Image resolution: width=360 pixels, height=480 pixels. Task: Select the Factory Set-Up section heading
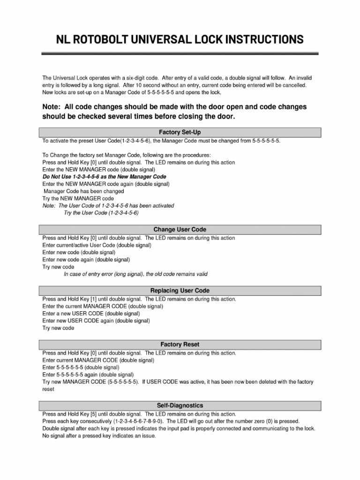coord(180,133)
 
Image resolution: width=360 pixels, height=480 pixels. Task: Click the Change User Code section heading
coord(180,230)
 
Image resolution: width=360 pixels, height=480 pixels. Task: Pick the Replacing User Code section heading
coord(180,291)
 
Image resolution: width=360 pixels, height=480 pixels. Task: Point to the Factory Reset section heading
coord(180,345)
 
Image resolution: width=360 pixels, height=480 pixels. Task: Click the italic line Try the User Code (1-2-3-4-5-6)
coord(101,212)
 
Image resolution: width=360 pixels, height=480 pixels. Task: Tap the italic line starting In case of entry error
coord(135,274)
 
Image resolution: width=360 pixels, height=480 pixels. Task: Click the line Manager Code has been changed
coord(84,191)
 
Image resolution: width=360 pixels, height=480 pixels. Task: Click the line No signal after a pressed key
coord(98,435)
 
